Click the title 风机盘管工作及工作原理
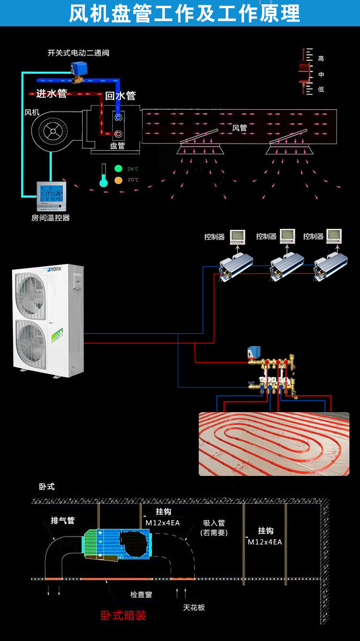click(x=184, y=13)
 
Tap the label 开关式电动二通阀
click(x=78, y=53)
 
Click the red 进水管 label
click(x=51, y=94)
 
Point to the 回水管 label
click(x=120, y=95)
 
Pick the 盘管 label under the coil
click(x=118, y=146)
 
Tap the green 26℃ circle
click(x=119, y=169)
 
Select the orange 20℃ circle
click(x=119, y=180)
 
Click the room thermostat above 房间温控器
click(x=51, y=196)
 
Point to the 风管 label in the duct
click(x=240, y=128)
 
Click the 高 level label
click(x=321, y=59)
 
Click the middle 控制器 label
click(x=266, y=237)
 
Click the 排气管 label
click(x=63, y=521)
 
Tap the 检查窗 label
click(x=141, y=594)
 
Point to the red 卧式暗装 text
click(x=123, y=616)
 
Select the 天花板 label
click(x=194, y=607)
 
